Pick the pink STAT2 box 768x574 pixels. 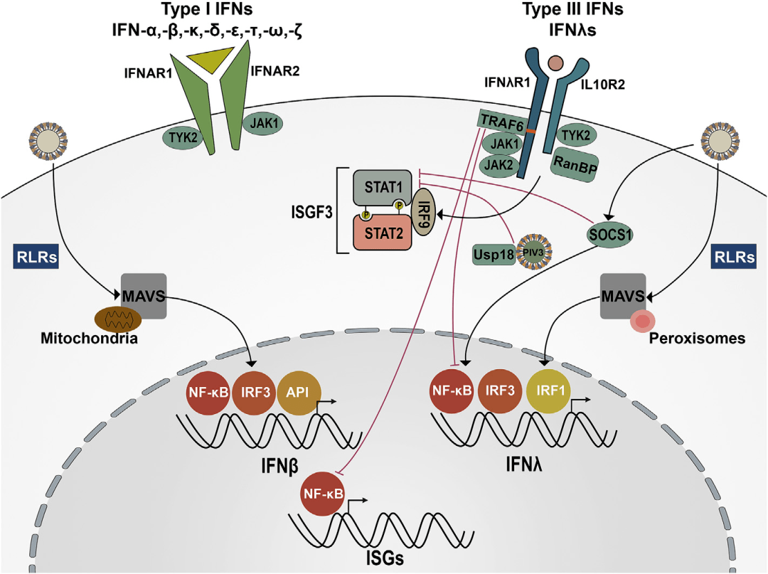[x=382, y=233]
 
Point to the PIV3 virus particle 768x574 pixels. [x=535, y=250]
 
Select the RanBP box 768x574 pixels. [x=573, y=166]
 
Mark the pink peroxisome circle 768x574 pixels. [x=642, y=321]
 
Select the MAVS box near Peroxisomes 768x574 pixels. [x=624, y=294]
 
